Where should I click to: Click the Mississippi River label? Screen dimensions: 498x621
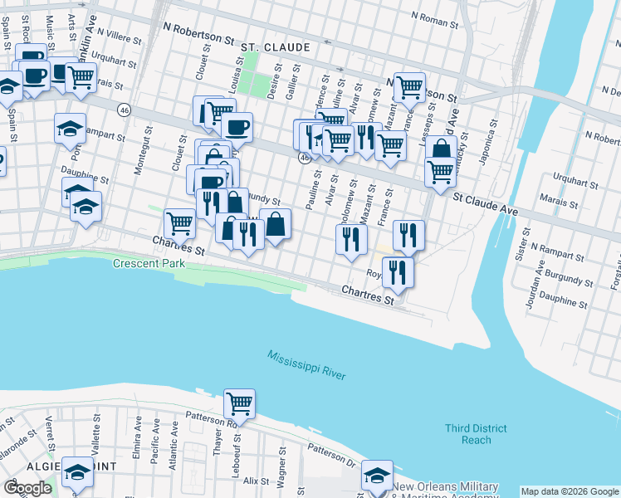tap(306, 365)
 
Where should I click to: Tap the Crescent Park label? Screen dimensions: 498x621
tap(149, 264)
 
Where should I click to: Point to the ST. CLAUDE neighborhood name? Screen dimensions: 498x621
tap(276, 48)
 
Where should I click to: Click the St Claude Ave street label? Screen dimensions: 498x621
tap(486, 205)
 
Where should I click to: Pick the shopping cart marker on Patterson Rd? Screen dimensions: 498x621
tap(239, 403)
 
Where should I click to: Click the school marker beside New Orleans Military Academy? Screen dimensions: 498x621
tap(377, 476)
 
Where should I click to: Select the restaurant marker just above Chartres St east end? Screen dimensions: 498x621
tap(399, 271)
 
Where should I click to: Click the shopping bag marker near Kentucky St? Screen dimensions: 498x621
tap(441, 149)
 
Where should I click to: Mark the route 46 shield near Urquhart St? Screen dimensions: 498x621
tap(124, 110)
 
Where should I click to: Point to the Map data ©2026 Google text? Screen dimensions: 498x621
tap(569, 491)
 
